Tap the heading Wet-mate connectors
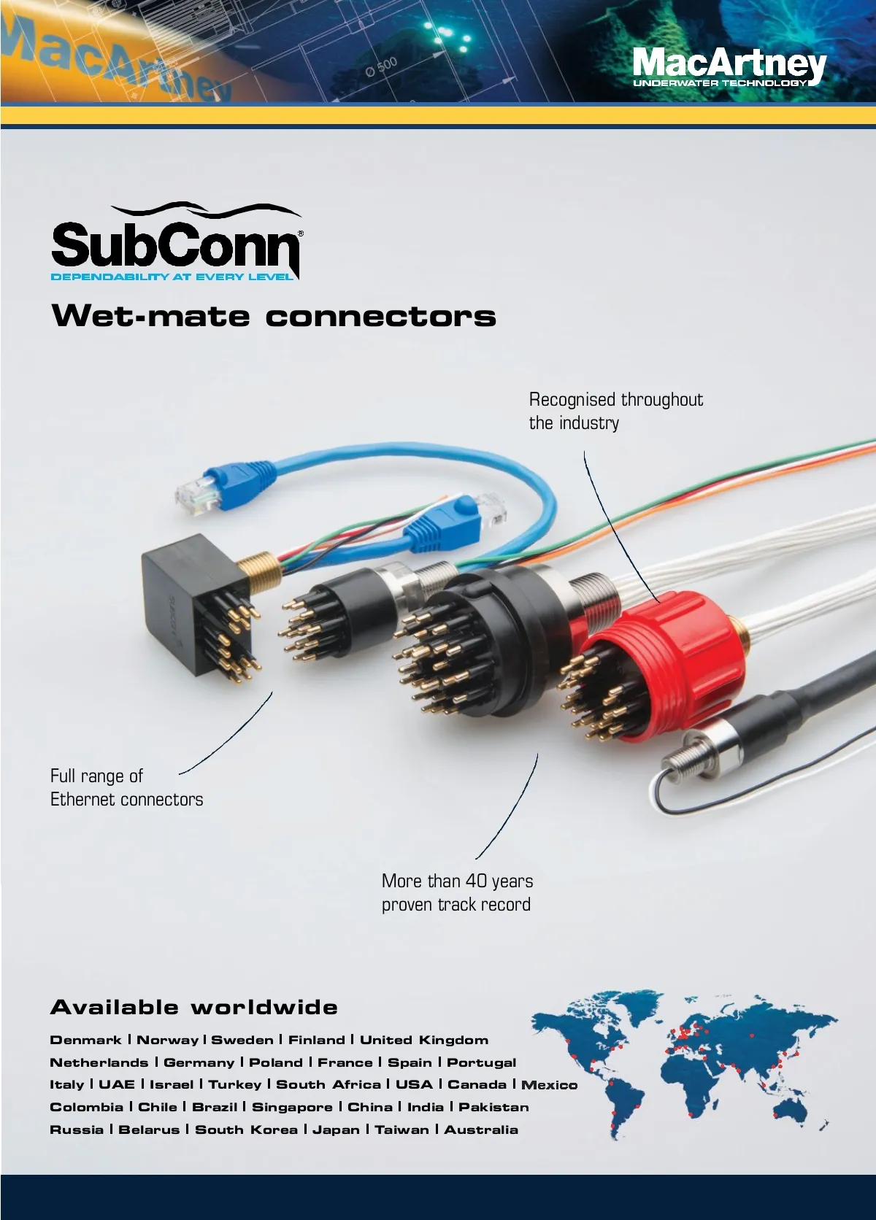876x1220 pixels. click(x=274, y=317)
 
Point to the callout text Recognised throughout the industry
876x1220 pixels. click(x=615, y=411)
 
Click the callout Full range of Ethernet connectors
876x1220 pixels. click(x=126, y=787)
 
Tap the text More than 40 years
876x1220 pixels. click(x=457, y=881)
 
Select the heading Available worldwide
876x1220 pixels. click(x=193, y=1008)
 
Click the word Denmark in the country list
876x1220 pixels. click(x=85, y=1041)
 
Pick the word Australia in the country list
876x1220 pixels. click(x=481, y=1130)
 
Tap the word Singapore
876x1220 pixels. click(x=292, y=1107)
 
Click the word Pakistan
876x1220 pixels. click(x=493, y=1107)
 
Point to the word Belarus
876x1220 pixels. click(x=149, y=1130)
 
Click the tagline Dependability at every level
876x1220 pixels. click(x=172, y=277)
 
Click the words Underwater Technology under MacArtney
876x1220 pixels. click(x=720, y=84)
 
